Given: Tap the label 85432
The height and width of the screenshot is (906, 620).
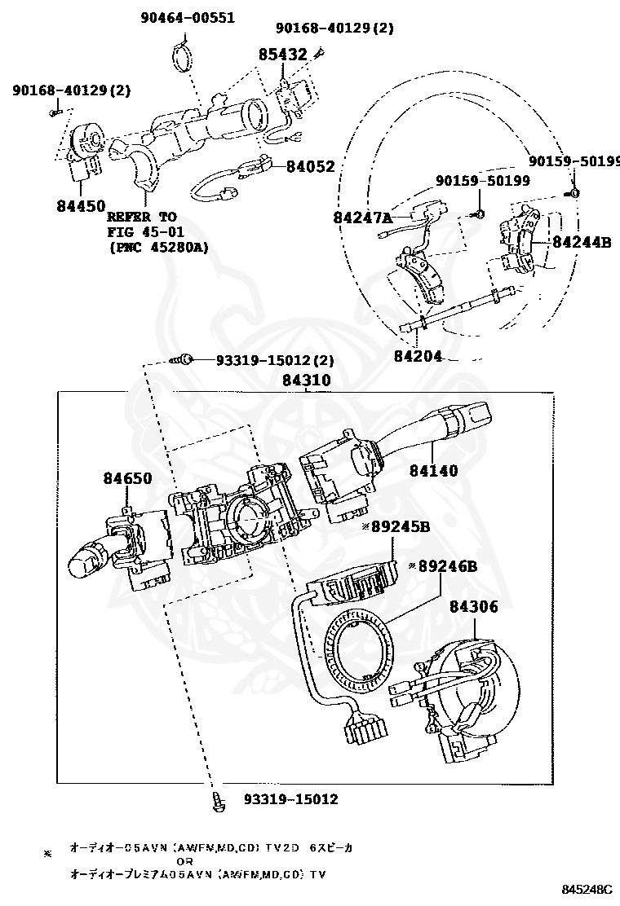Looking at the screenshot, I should coord(283,55).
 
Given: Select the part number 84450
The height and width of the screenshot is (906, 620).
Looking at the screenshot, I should coord(81,206).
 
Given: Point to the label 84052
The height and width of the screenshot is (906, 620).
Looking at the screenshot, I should coord(310,166).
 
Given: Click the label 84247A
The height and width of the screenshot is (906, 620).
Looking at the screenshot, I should coord(363,218).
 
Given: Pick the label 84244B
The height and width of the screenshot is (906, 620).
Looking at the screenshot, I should coord(582,241).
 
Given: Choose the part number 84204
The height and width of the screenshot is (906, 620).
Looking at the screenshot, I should coord(418,355).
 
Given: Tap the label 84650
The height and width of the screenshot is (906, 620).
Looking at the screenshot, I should coord(126,478).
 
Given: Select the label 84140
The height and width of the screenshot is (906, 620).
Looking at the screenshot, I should coord(433,470).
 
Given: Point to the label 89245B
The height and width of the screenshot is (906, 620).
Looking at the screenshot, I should coord(400,527).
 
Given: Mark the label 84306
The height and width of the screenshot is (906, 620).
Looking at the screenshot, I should coord(473,606).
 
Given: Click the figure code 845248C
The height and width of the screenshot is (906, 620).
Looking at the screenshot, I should coord(587,889).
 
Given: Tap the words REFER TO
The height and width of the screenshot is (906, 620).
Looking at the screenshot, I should coord(141,217).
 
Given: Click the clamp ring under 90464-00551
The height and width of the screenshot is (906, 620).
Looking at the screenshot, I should coord(185,61).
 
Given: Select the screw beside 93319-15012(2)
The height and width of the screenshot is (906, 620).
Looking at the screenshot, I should coord(184,359).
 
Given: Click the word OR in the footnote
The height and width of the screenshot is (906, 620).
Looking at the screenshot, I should coord(185,861).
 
